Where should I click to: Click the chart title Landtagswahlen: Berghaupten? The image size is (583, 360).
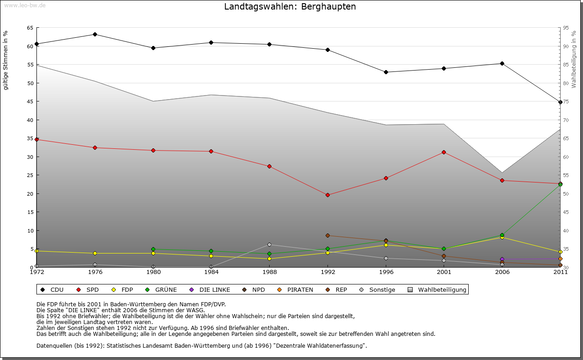click(290, 7)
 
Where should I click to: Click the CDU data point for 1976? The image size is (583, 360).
click(95, 34)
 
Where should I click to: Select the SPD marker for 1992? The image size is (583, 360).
click(327, 195)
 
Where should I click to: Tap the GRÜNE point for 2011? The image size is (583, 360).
click(560, 184)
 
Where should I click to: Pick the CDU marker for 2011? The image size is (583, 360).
click(560, 102)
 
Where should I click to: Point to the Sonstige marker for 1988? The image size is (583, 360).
click(269, 244)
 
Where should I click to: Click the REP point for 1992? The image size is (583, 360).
click(327, 235)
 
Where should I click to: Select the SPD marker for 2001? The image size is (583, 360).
click(444, 152)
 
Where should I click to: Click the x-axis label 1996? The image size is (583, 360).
click(386, 272)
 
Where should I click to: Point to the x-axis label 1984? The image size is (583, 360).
click(211, 272)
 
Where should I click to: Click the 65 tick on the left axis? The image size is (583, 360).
click(30, 28)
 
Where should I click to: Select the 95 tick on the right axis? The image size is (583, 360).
click(566, 28)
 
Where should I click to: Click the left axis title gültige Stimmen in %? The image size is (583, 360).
click(6, 60)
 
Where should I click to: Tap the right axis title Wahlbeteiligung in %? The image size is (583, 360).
click(574, 59)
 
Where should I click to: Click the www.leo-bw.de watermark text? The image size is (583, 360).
click(24, 5)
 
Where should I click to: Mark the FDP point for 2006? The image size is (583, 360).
click(502, 237)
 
